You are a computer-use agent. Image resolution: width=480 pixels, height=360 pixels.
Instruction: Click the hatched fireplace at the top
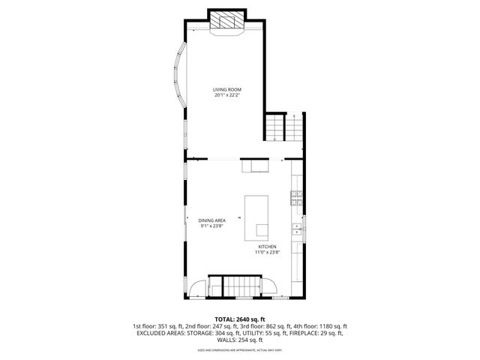coord(227,22)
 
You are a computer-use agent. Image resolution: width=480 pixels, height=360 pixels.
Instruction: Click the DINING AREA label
coord(212,220)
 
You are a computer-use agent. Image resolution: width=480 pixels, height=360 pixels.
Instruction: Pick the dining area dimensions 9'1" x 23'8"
coord(212,226)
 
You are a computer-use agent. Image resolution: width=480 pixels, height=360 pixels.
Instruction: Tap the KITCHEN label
coord(268,247)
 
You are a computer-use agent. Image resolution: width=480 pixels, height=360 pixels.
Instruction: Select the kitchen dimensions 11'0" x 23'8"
coord(268,253)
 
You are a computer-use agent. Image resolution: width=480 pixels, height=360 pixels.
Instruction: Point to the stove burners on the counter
coord(296,199)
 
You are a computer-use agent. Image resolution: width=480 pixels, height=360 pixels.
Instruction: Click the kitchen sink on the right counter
coord(296,229)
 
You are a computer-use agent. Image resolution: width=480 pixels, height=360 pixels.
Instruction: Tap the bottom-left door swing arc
coord(196,287)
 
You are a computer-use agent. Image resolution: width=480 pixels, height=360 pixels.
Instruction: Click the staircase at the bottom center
coord(235,286)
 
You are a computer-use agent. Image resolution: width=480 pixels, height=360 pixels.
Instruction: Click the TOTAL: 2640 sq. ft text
coord(239,319)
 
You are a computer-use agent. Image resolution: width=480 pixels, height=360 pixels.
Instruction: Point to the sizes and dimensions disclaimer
coord(239,349)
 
